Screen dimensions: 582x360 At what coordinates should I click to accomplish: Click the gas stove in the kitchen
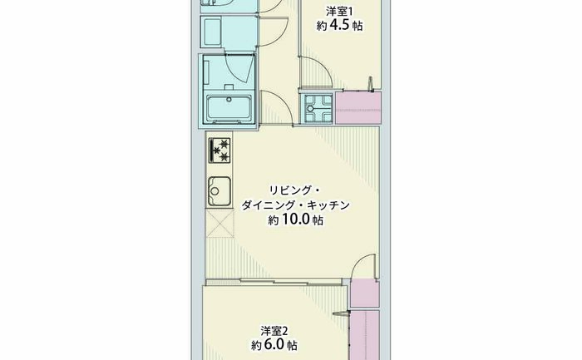219,150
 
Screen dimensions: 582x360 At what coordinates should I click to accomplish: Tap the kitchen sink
219,191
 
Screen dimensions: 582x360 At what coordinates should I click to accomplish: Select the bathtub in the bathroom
229,109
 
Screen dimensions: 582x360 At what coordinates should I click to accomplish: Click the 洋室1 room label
339,11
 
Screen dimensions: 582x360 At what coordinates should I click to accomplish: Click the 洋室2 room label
274,330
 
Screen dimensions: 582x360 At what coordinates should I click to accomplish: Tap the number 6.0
274,345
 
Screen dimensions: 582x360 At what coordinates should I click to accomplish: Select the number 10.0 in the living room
296,219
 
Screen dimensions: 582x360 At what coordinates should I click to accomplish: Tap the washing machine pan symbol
317,108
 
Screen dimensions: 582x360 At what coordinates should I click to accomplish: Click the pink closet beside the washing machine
358,107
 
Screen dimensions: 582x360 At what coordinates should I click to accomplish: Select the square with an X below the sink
219,224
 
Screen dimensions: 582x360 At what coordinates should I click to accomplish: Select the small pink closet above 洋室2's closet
364,293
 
